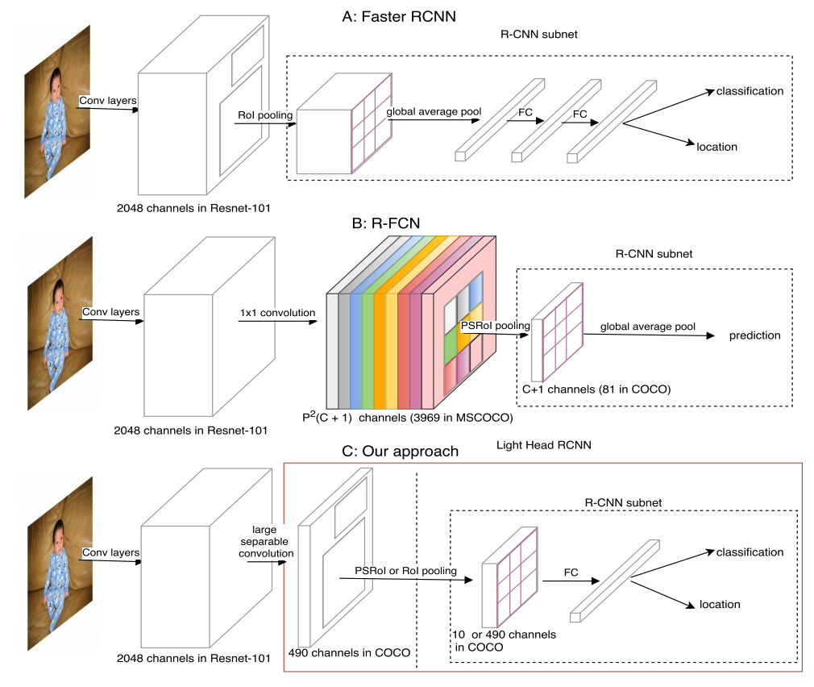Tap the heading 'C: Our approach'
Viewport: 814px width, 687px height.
[400, 452]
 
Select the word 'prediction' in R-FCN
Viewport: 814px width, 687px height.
[754, 335]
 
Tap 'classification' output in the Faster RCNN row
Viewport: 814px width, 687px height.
[750, 91]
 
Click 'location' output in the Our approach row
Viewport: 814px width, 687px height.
[719, 604]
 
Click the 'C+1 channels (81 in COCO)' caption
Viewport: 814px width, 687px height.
[596, 390]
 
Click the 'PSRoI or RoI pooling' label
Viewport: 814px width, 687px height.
[405, 571]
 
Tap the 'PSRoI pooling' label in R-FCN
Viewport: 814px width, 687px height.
[495, 326]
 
